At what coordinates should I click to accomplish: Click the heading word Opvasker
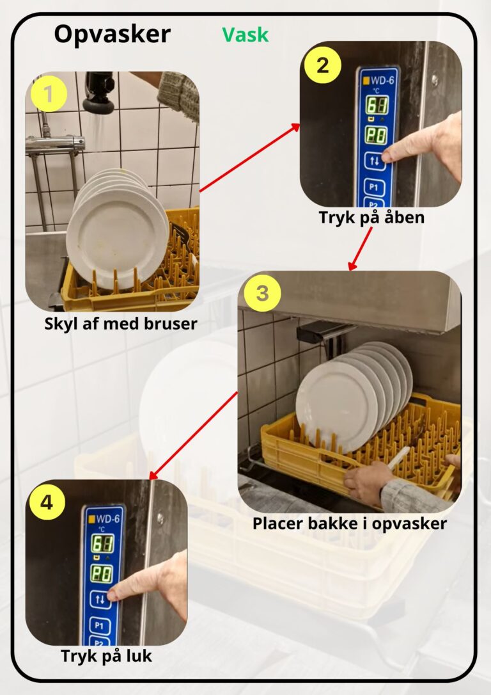pyautogui.click(x=112, y=35)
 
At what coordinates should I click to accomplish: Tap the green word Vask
pyautogui.click(x=245, y=35)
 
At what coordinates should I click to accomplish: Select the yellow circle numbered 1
pyautogui.click(x=49, y=94)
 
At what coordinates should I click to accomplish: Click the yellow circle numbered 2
pyautogui.click(x=323, y=65)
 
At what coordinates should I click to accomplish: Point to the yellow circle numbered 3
pyautogui.click(x=262, y=293)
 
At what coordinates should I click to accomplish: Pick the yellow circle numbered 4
pyautogui.click(x=47, y=502)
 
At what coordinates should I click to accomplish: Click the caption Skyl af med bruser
pyautogui.click(x=121, y=324)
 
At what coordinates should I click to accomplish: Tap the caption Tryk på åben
pyautogui.click(x=371, y=217)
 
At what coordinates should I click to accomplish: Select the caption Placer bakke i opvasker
pyautogui.click(x=350, y=523)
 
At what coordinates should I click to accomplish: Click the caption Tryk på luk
pyautogui.click(x=106, y=655)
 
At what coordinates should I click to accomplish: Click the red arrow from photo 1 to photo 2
pyautogui.click(x=250, y=158)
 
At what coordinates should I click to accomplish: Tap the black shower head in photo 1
pyautogui.click(x=99, y=93)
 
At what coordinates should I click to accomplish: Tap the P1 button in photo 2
pyautogui.click(x=373, y=187)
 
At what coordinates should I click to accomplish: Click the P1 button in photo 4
pyautogui.click(x=99, y=625)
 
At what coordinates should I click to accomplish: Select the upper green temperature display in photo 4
pyautogui.click(x=102, y=544)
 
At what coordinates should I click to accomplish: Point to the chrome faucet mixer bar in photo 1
pyautogui.click(x=55, y=145)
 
